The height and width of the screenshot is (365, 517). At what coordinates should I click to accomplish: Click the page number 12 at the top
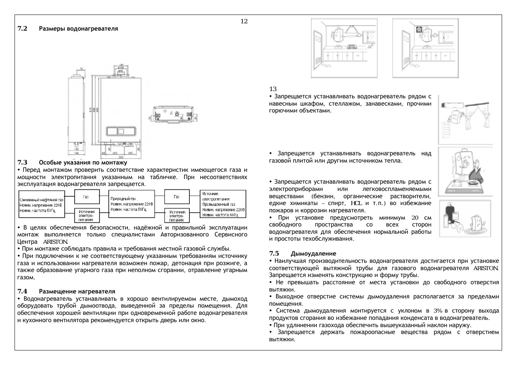(244, 21)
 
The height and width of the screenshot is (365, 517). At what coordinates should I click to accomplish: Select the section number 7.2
(22, 29)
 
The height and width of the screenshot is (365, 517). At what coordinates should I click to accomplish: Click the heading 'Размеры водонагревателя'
(78, 29)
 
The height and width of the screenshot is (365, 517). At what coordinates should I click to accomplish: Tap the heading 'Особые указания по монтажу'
(83, 163)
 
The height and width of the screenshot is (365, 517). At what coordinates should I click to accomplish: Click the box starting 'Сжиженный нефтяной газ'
(41, 205)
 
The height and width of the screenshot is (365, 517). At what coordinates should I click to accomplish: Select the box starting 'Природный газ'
(132, 204)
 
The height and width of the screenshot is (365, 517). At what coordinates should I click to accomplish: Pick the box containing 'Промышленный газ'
(223, 204)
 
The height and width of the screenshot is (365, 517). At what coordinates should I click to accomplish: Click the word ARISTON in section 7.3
(55, 242)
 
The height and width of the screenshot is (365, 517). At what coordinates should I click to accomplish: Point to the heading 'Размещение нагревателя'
(77, 292)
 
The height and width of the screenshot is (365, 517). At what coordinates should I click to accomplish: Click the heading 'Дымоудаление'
(313, 254)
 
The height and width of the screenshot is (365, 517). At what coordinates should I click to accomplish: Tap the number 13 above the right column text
(273, 89)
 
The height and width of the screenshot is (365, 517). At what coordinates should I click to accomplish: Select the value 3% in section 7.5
(438, 311)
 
